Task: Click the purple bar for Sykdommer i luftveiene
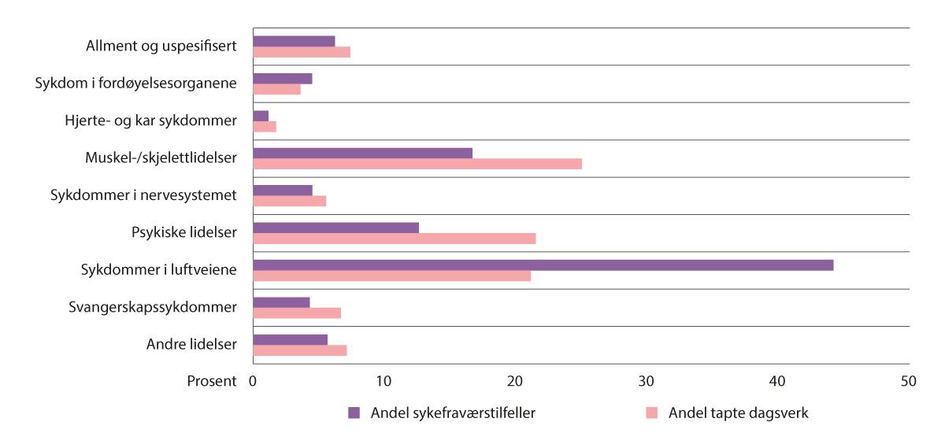[x=543, y=265]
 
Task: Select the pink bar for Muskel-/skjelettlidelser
[x=417, y=164]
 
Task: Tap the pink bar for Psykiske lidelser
[x=395, y=239]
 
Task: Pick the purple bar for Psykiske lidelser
[x=335, y=228]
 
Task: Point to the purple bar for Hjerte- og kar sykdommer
[x=261, y=116]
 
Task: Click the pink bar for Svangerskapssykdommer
[x=297, y=313]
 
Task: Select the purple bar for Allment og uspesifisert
[x=294, y=41]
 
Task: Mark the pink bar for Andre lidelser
[x=300, y=350]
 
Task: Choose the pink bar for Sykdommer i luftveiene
[x=391, y=276]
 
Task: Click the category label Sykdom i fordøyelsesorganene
[x=136, y=83]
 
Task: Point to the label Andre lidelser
[x=191, y=344]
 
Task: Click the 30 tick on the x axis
[x=646, y=381]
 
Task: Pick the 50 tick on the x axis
[x=908, y=381]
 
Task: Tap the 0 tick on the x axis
[x=254, y=381]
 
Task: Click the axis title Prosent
[x=211, y=381]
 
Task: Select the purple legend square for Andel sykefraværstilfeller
[x=354, y=413]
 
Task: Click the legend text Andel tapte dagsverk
[x=738, y=413]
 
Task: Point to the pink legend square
[x=651, y=413]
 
